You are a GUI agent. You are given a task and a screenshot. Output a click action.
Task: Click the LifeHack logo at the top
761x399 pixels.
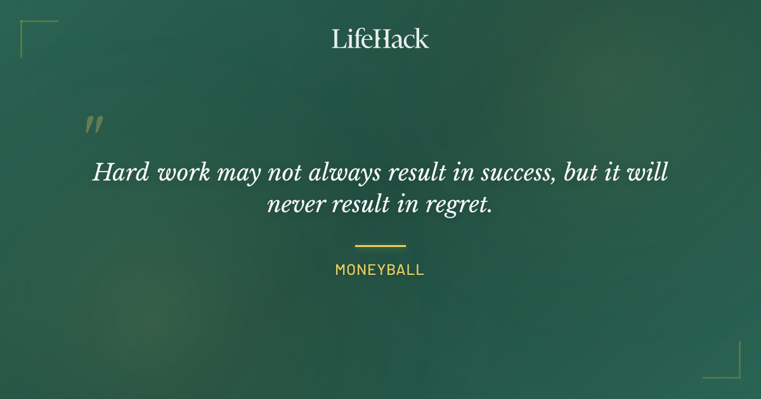click(x=380, y=39)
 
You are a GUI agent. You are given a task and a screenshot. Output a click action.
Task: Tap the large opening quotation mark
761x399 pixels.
click(x=94, y=125)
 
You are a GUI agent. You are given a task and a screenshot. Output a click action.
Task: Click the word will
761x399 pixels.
click(x=651, y=172)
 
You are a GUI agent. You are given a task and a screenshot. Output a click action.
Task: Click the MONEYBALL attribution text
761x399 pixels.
click(x=380, y=270)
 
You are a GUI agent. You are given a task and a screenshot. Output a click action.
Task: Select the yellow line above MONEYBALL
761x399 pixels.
click(x=380, y=246)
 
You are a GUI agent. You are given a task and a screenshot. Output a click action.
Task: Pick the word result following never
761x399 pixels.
click(x=355, y=205)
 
